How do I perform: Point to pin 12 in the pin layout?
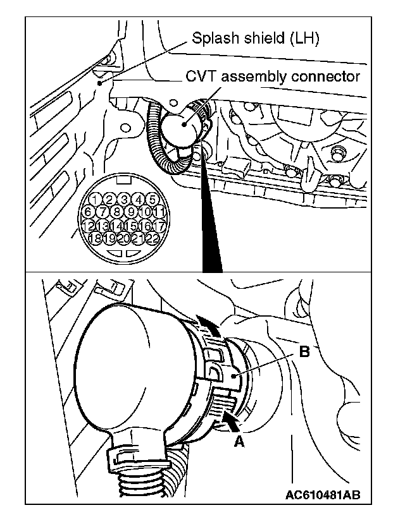coord(89,225)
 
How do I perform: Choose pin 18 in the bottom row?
coord(95,238)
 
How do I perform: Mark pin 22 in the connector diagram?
coord(152,238)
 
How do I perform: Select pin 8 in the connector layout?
coord(116,212)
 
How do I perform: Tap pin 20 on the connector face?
coord(124,238)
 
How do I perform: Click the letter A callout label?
coord(239,442)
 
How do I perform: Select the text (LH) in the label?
coord(302,39)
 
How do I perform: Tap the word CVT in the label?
coord(199,77)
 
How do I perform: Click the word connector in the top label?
coord(325,77)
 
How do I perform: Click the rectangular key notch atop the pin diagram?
coord(124,179)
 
